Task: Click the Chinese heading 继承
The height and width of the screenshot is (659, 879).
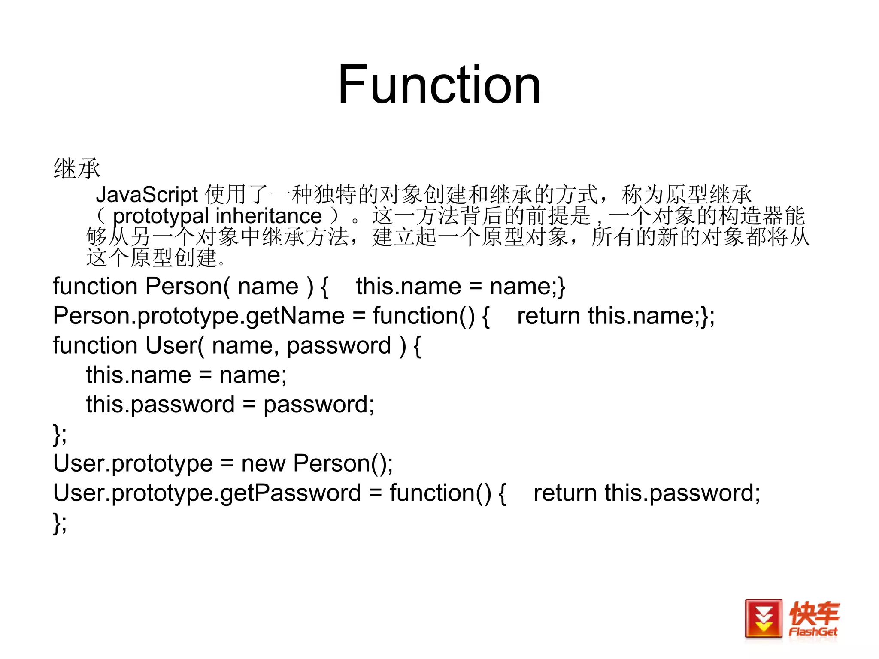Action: (x=77, y=168)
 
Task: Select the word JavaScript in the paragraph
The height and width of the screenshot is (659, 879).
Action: (x=147, y=195)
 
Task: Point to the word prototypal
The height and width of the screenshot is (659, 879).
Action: (x=161, y=216)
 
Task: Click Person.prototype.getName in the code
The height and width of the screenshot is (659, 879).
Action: (x=198, y=316)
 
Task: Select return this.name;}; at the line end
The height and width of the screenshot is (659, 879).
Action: (x=615, y=316)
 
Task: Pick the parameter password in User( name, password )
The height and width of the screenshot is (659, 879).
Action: (x=339, y=345)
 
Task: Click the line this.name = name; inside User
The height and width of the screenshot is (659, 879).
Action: (x=186, y=375)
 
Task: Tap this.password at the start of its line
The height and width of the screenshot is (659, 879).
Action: (x=160, y=405)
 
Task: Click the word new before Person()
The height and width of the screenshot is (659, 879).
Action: (x=263, y=463)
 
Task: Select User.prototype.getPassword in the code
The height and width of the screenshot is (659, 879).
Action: (x=206, y=493)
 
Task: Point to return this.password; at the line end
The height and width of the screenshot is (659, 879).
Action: (x=646, y=493)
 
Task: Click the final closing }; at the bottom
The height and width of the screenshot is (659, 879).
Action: (x=60, y=523)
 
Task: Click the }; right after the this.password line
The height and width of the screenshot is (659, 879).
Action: (x=60, y=434)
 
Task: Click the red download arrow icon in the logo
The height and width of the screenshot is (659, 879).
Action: (x=763, y=619)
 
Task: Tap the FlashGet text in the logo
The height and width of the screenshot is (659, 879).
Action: (x=813, y=632)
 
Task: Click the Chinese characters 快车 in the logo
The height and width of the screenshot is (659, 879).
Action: (x=814, y=613)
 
